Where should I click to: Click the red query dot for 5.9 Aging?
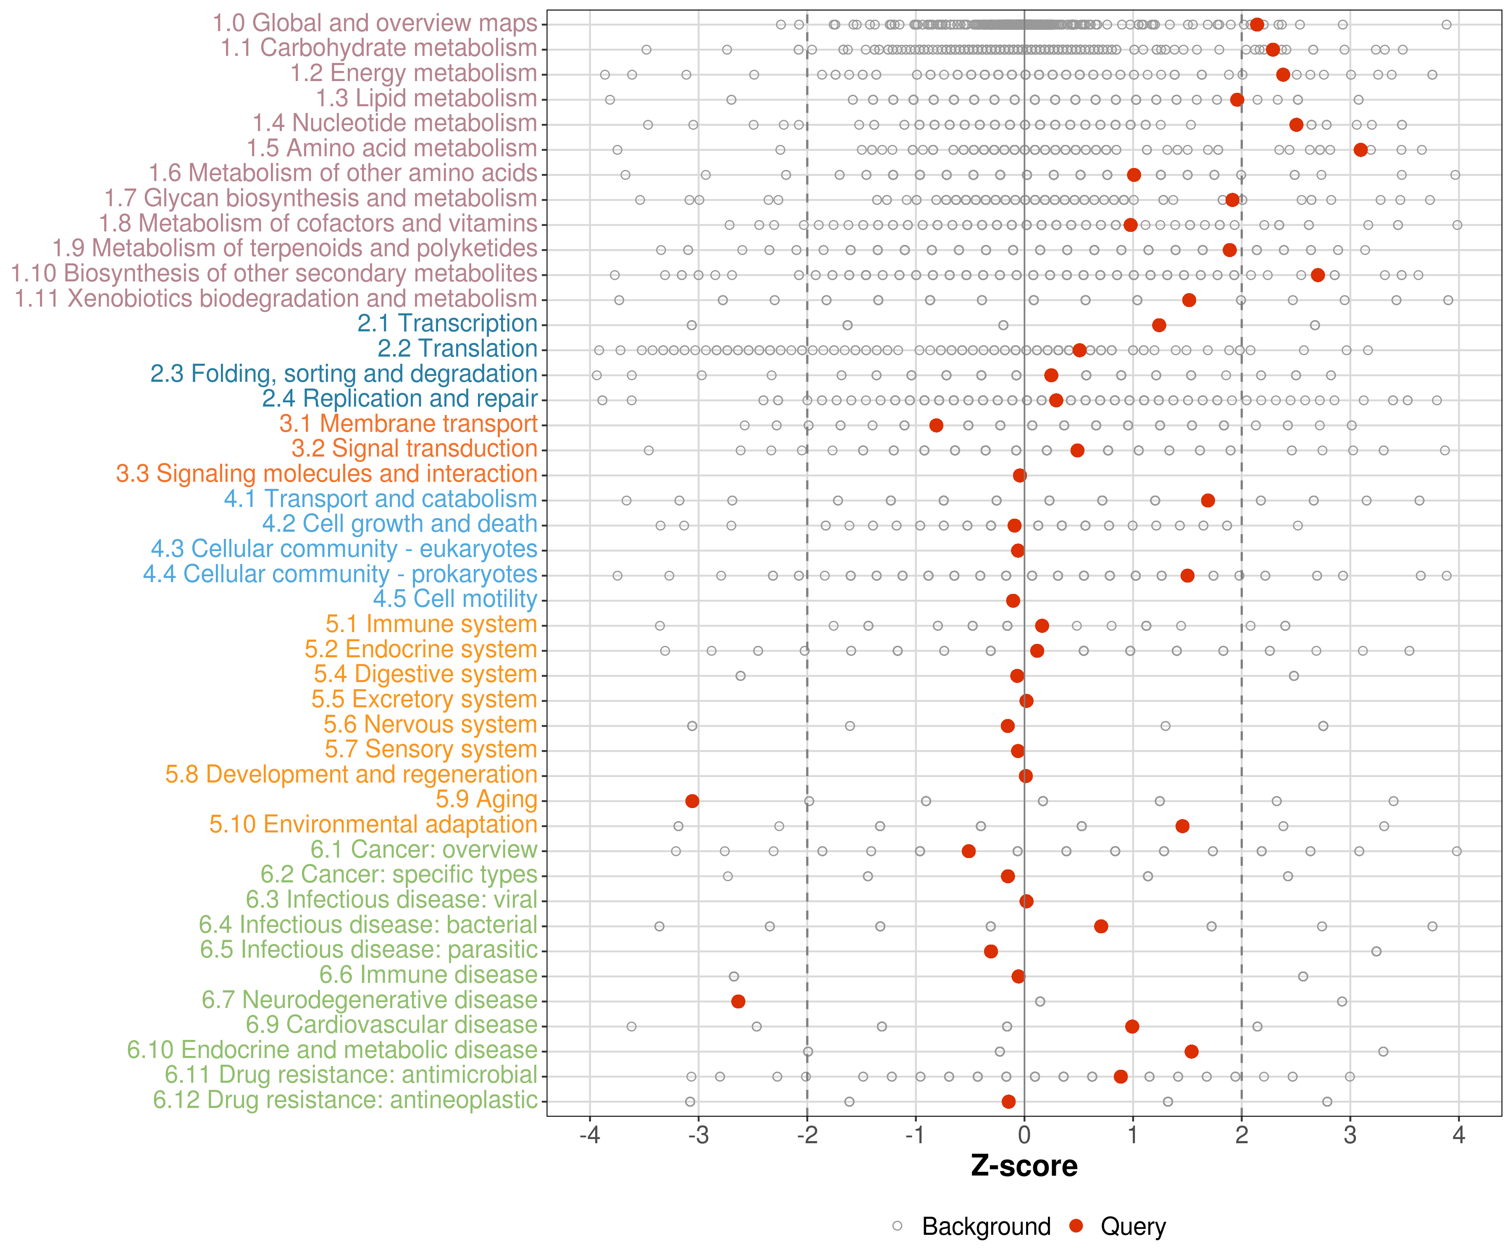pyautogui.click(x=692, y=801)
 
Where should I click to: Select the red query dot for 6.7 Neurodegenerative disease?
pyautogui.click(x=738, y=1001)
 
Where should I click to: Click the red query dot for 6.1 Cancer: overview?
pyautogui.click(x=969, y=851)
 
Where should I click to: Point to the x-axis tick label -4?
pyautogui.click(x=590, y=1135)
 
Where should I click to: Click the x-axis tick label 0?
pyautogui.click(x=1024, y=1135)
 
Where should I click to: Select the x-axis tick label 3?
pyautogui.click(x=1350, y=1135)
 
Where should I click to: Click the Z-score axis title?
pyautogui.click(x=1024, y=1165)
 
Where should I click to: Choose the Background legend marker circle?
pyautogui.click(x=897, y=1226)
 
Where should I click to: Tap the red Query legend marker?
pyautogui.click(x=1076, y=1226)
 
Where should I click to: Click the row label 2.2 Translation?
pyautogui.click(x=457, y=349)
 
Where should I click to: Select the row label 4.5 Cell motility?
pyautogui.click(x=455, y=598)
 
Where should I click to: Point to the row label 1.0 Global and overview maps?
pyautogui.click(x=374, y=23)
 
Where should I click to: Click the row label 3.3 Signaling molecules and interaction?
pyautogui.click(x=327, y=474)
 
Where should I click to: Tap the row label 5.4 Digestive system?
pyautogui.click(x=425, y=674)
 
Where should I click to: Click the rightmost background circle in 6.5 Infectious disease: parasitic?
pyautogui.click(x=1376, y=951)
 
